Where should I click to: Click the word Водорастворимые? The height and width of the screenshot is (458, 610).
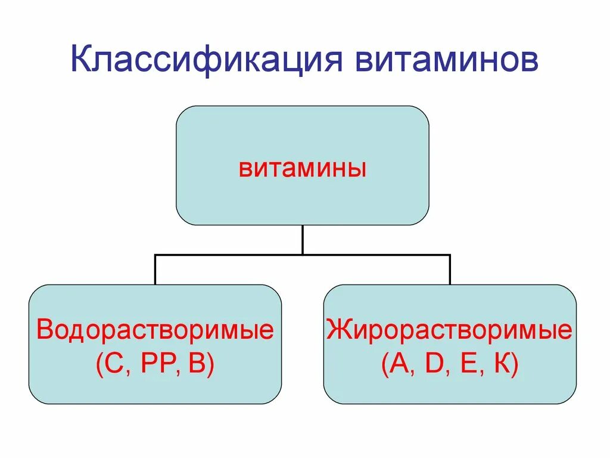(155, 330)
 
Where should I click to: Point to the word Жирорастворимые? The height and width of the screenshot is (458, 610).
(449, 330)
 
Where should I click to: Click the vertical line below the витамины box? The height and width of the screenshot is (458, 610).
(303, 240)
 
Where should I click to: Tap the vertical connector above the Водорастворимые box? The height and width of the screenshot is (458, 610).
(155, 270)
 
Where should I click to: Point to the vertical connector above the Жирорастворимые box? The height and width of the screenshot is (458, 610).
(450, 270)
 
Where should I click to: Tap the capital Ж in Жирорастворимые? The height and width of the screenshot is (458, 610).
(338, 329)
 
